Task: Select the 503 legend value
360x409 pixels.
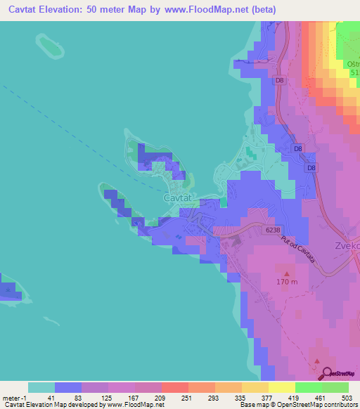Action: [x=348, y=398]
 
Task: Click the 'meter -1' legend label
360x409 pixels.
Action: [x=15, y=398]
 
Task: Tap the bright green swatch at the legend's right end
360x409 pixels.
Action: [x=335, y=387]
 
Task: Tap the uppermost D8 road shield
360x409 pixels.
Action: [x=280, y=81]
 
